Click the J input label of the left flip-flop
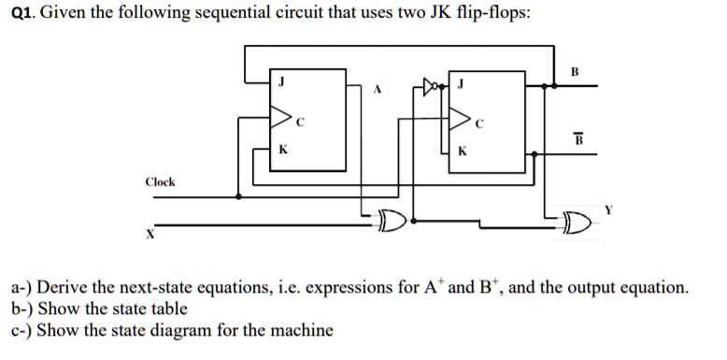click(x=279, y=81)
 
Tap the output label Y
click(x=608, y=210)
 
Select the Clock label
click(x=160, y=182)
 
